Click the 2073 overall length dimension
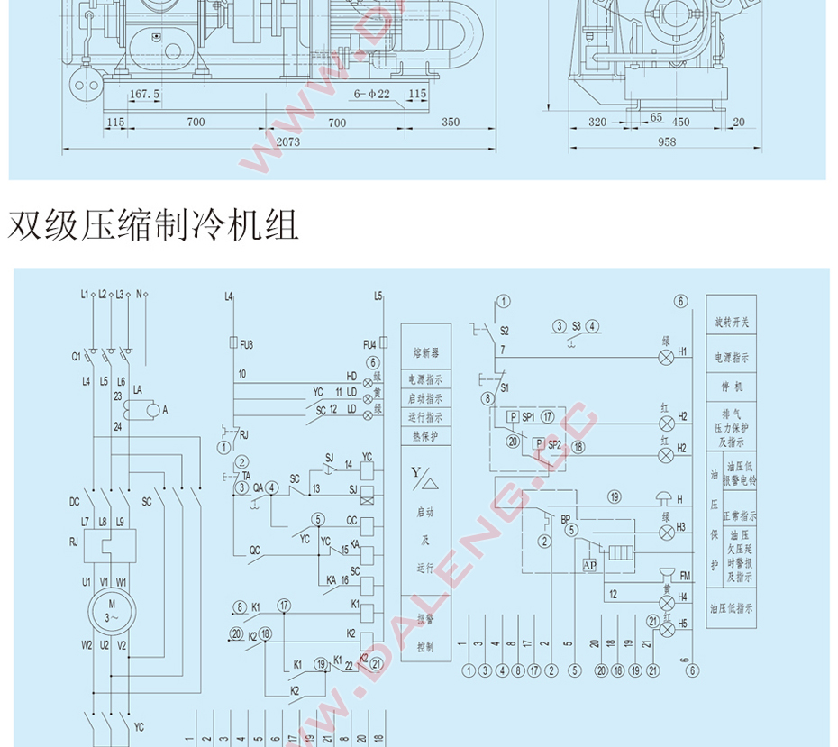pos(288,142)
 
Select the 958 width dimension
pos(666,142)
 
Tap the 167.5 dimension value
pos(144,94)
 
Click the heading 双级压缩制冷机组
pos(154,226)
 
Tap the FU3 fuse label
pos(247,344)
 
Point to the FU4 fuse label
pos(369,344)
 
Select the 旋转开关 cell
pos(731,321)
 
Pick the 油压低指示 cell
pos(731,608)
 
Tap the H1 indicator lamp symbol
pos(667,358)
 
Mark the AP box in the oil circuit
pos(590,565)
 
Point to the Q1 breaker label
pos(77,356)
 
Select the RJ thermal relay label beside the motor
pos(74,542)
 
